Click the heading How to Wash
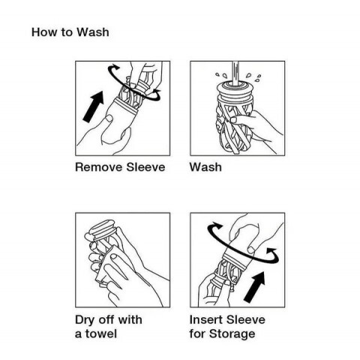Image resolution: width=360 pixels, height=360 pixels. pyautogui.click(x=70, y=32)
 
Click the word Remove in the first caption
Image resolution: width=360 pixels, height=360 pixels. pyautogui.click(x=98, y=167)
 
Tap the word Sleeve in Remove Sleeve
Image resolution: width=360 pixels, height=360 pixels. pyautogui.click(x=145, y=167)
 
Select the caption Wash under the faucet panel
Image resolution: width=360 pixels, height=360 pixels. pyautogui.click(x=205, y=167)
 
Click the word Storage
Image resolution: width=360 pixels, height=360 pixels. pyautogui.click(x=232, y=334)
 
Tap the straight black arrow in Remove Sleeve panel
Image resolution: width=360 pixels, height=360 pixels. pyautogui.click(x=93, y=106)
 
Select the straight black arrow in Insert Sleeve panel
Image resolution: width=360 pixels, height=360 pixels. pyautogui.click(x=254, y=286)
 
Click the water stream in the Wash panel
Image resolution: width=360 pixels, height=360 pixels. pyautogui.click(x=235, y=73)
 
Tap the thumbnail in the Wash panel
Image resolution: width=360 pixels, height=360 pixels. pyautogui.click(x=234, y=120)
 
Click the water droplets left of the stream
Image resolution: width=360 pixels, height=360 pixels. pyautogui.click(x=221, y=75)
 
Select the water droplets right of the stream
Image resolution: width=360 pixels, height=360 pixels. pyautogui.click(x=253, y=77)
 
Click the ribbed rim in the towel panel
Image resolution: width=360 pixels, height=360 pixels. pyautogui.click(x=103, y=229)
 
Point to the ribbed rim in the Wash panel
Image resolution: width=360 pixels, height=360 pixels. pyautogui.click(x=234, y=91)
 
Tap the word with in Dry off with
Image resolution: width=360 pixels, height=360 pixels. pyautogui.click(x=130, y=319)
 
